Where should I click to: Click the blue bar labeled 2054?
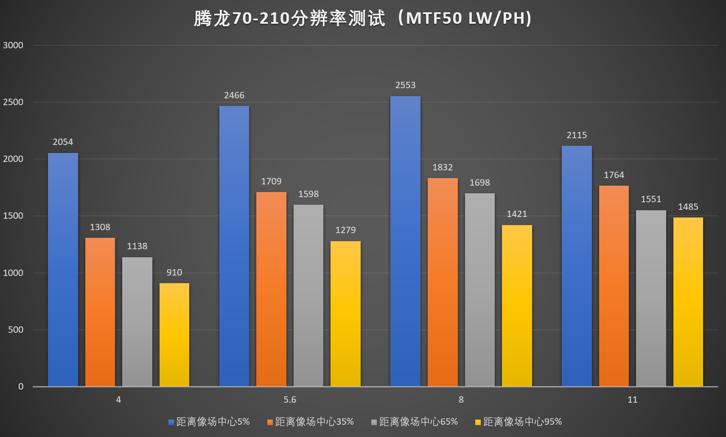(63, 270)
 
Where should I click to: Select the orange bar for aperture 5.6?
(271, 289)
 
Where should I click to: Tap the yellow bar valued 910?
(174, 334)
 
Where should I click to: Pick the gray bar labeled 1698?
(480, 289)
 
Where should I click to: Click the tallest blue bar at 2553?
(405, 241)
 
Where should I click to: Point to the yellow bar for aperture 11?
(688, 302)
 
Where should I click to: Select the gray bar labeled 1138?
(137, 322)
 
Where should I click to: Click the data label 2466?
(234, 95)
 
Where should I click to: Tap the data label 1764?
(614, 175)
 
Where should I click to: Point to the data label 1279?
(345, 230)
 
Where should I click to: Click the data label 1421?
(517, 214)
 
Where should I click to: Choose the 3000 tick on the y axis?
(13, 45)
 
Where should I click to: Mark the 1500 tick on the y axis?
(13, 216)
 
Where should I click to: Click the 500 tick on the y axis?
(16, 330)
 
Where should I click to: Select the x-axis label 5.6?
(290, 400)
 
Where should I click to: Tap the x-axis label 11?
(632, 400)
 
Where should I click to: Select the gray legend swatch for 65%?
(374, 422)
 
